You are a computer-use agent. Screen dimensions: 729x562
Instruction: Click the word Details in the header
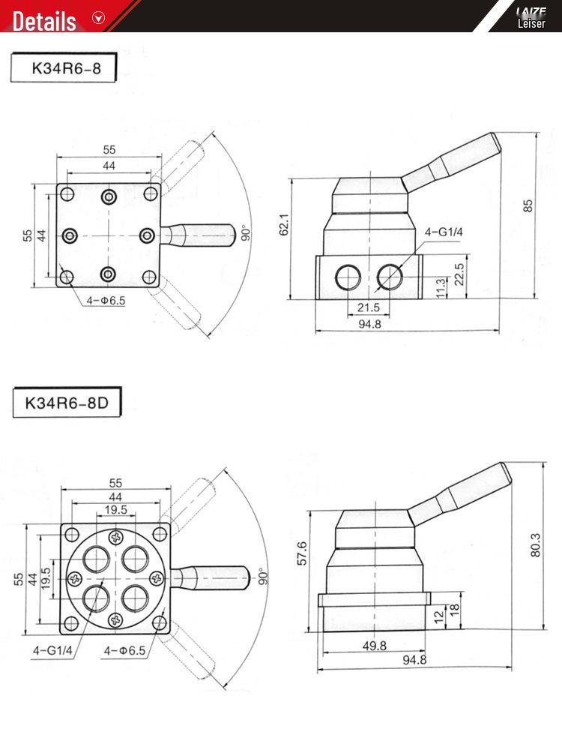[44, 20]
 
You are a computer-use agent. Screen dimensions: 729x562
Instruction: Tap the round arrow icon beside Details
[98, 18]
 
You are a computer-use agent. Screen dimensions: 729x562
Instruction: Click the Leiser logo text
[531, 23]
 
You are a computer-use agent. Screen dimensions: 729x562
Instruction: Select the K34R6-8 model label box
[64, 68]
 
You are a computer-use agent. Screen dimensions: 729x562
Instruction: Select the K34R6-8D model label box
[67, 402]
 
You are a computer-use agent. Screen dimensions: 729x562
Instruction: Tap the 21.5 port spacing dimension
[367, 307]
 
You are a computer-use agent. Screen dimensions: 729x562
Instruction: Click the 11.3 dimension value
[441, 285]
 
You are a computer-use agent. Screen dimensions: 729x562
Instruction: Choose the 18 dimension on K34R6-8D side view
[454, 610]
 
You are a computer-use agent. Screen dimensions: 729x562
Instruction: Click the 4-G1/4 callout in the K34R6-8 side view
[444, 232]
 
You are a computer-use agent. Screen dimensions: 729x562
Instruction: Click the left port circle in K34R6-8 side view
[348, 277]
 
